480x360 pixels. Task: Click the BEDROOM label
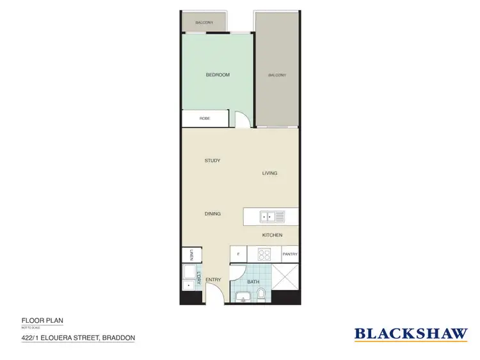coord(218,75)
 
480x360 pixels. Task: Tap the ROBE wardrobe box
coord(205,119)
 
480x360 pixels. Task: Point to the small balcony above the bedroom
coord(205,22)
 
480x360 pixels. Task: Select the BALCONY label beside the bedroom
coord(276,75)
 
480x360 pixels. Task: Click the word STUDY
coord(212,161)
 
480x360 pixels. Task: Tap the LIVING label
coord(269,174)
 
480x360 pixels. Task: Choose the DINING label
coord(212,214)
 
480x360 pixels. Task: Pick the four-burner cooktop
coord(265,254)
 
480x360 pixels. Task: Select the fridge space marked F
coord(238,254)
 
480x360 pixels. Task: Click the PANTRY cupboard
coord(290,254)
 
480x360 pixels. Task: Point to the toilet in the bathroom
coord(261,294)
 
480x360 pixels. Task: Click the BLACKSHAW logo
coord(411,333)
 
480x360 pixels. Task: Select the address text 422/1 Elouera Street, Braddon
coord(78,338)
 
